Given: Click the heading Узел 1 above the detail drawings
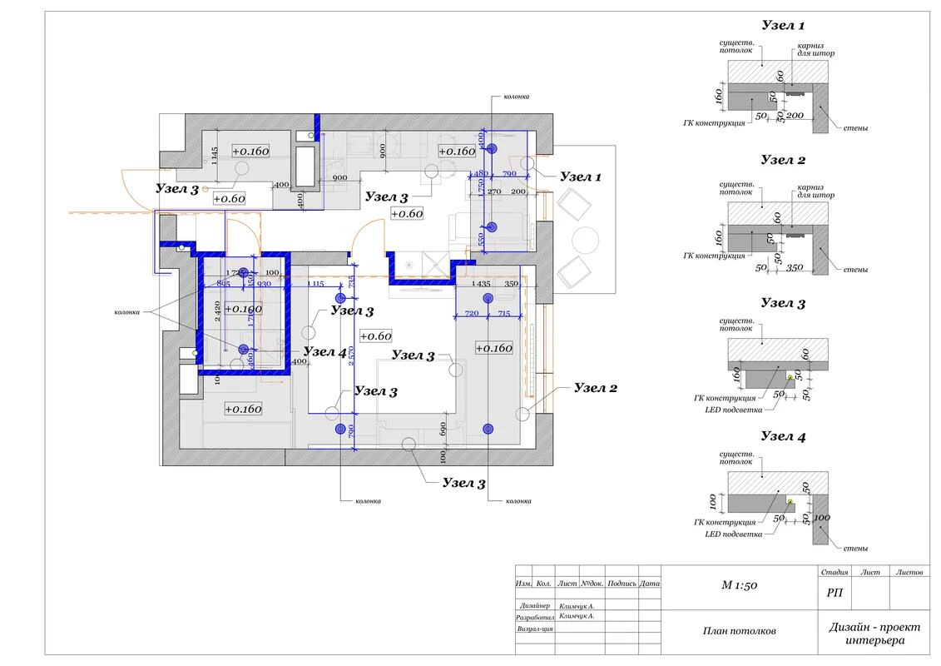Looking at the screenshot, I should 783,26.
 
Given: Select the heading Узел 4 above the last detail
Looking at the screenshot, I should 783,436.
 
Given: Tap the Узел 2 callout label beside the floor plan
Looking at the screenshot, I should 596,388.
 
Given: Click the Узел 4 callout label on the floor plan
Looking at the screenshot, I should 324,352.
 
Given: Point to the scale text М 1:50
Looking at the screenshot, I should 739,585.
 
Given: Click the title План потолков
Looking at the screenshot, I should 739,631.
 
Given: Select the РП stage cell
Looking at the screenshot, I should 834,593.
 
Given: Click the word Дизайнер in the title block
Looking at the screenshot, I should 533,606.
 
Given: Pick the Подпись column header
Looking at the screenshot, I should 622,584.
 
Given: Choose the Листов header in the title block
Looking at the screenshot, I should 909,573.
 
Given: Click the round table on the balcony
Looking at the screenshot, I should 586,239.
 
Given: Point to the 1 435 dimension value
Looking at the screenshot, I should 481,285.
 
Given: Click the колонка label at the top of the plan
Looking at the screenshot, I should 516,97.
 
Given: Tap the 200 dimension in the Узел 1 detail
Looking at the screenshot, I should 795,116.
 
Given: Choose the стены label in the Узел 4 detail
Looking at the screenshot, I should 854,548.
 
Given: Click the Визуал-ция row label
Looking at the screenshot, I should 535,629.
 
